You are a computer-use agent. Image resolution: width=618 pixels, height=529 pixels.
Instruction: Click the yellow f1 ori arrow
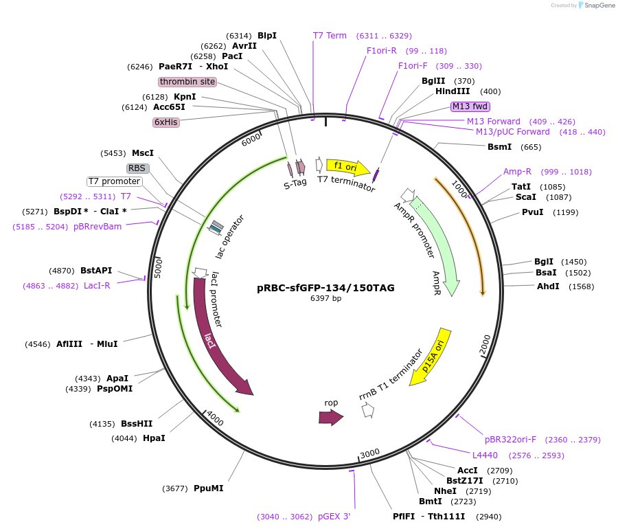click(347, 167)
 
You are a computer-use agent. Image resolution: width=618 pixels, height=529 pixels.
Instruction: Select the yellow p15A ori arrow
click(431, 361)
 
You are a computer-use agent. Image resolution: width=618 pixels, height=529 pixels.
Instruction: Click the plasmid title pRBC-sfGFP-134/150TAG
click(325, 288)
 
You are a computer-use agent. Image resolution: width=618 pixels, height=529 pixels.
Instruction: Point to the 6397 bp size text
click(325, 298)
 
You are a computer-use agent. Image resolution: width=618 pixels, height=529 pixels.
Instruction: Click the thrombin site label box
click(187, 82)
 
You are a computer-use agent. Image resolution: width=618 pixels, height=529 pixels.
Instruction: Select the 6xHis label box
click(166, 122)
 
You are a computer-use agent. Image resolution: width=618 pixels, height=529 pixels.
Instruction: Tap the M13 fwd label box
click(470, 106)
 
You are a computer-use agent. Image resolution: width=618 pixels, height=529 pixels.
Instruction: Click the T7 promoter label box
click(114, 181)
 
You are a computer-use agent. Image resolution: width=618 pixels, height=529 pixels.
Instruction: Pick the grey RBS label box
click(138, 168)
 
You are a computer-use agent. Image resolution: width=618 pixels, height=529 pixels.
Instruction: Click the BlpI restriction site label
click(267, 36)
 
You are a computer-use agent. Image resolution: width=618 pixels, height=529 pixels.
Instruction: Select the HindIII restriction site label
click(453, 91)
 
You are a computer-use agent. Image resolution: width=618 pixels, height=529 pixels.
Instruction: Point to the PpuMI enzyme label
click(208, 488)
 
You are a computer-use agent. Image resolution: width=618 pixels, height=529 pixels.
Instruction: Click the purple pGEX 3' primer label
click(334, 517)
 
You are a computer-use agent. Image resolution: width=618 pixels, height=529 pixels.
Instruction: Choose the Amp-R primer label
click(517, 172)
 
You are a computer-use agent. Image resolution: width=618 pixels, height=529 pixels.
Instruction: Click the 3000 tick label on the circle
click(369, 453)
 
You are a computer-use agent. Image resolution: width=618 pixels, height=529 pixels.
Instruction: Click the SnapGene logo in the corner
click(595, 5)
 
